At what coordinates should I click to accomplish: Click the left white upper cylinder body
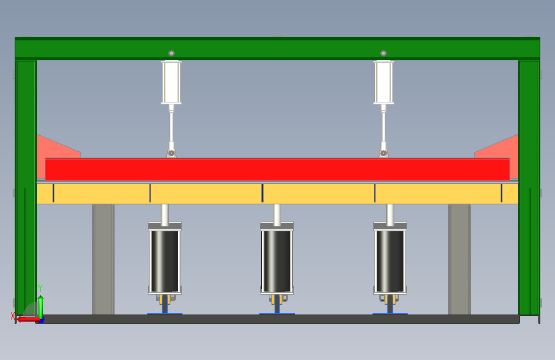pyautogui.click(x=172, y=82)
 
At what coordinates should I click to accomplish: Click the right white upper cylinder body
pyautogui.click(x=383, y=82)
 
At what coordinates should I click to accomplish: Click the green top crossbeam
pyautogui.click(x=278, y=49)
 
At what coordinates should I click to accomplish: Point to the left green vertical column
pyautogui.click(x=26, y=188)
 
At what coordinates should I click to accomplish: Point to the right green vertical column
pyautogui.click(x=529, y=188)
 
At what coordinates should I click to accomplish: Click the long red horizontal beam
pyautogui.click(x=278, y=170)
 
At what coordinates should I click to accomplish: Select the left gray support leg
pyautogui.click(x=103, y=259)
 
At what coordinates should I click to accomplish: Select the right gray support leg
pyautogui.click(x=460, y=259)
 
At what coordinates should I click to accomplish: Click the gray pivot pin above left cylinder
pyautogui.click(x=172, y=53)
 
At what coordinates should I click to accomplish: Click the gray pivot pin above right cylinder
pyautogui.click(x=383, y=53)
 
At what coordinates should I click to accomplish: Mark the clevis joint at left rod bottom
pyautogui.click(x=172, y=153)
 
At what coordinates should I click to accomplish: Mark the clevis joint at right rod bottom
pyautogui.click(x=383, y=153)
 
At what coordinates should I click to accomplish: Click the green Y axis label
pyautogui.click(x=40, y=288)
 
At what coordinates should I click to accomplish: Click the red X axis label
pyautogui.click(x=13, y=316)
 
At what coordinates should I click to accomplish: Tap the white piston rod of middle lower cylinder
pyautogui.click(x=277, y=215)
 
